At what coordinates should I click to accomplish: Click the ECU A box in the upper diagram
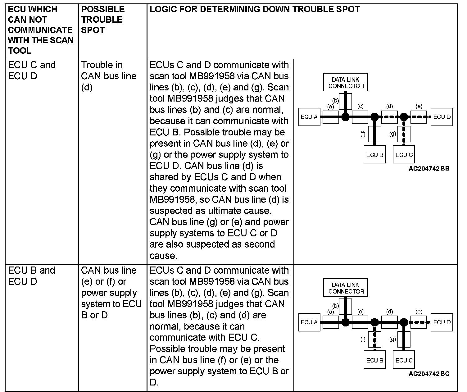pyautogui.click(x=309, y=117)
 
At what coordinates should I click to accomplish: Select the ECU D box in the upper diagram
pyautogui.click(x=442, y=117)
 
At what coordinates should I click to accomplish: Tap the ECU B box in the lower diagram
pyautogui.click(x=375, y=360)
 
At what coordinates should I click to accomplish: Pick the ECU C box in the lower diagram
pyautogui.click(x=404, y=360)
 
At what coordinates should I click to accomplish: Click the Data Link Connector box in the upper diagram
pyautogui.click(x=346, y=83)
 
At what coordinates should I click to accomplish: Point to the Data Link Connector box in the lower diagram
pyautogui.click(x=346, y=288)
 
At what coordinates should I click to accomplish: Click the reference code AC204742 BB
pyautogui.click(x=429, y=169)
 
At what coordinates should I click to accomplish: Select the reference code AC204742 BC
pyautogui.click(x=429, y=374)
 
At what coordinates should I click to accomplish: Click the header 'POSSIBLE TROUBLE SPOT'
pyautogui.click(x=102, y=20)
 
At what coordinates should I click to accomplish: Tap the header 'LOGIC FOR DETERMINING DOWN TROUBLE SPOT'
pyautogui.click(x=255, y=9)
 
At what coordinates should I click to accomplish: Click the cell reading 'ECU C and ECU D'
pyautogui.click(x=32, y=71)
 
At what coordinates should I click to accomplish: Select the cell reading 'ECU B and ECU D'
pyautogui.click(x=32, y=276)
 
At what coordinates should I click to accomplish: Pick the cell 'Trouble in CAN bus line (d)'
pyautogui.click(x=109, y=76)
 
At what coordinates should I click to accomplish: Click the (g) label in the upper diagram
pyautogui.click(x=393, y=134)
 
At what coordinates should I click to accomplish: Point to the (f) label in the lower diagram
pyautogui.click(x=363, y=339)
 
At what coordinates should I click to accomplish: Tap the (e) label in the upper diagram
pyautogui.click(x=419, y=107)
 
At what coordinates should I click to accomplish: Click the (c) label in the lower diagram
pyautogui.click(x=360, y=312)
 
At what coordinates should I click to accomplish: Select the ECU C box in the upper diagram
pyautogui.click(x=404, y=155)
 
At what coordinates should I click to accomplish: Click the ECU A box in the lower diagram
pyautogui.click(x=309, y=322)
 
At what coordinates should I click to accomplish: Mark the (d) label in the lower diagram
pyautogui.click(x=389, y=312)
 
